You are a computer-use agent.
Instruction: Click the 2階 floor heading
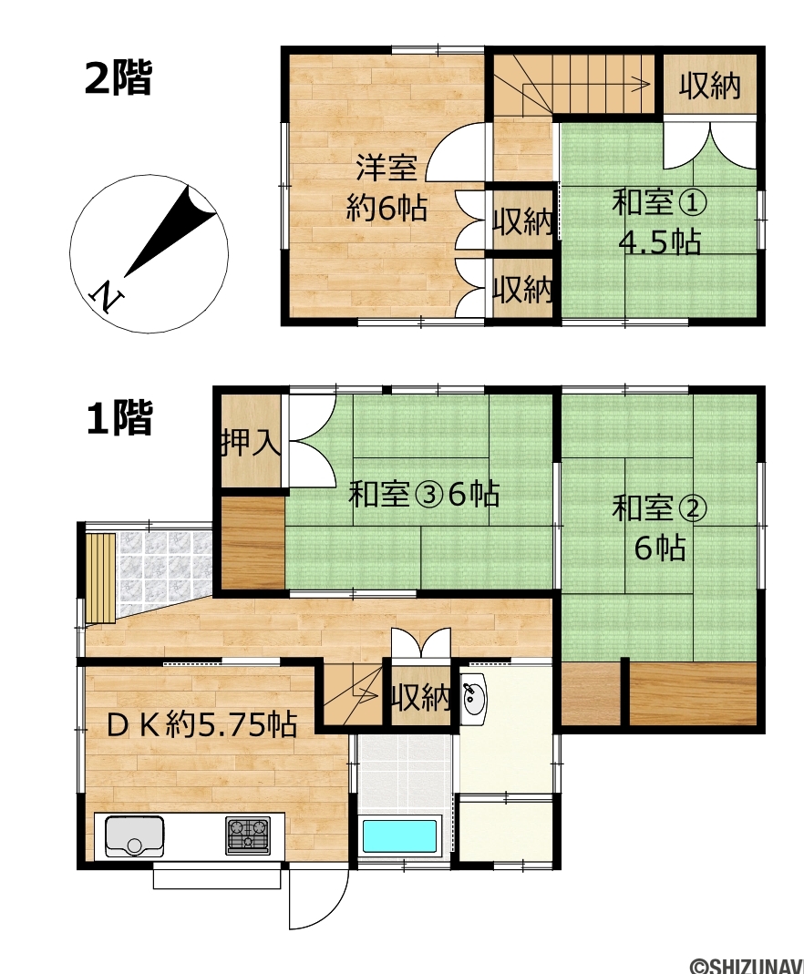pos(119,78)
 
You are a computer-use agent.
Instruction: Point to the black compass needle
pos(170,231)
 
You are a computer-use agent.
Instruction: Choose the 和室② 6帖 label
pos(659,528)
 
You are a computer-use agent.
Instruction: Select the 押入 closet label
pos(252,443)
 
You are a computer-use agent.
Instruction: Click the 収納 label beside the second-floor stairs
pos(709,86)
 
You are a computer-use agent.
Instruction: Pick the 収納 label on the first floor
pos(420,698)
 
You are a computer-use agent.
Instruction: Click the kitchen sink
pos(134,835)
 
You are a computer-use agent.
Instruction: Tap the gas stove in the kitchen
pos(249,835)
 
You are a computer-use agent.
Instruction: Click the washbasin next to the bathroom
pos(475,700)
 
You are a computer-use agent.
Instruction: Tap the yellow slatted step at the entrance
pos(100,578)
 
